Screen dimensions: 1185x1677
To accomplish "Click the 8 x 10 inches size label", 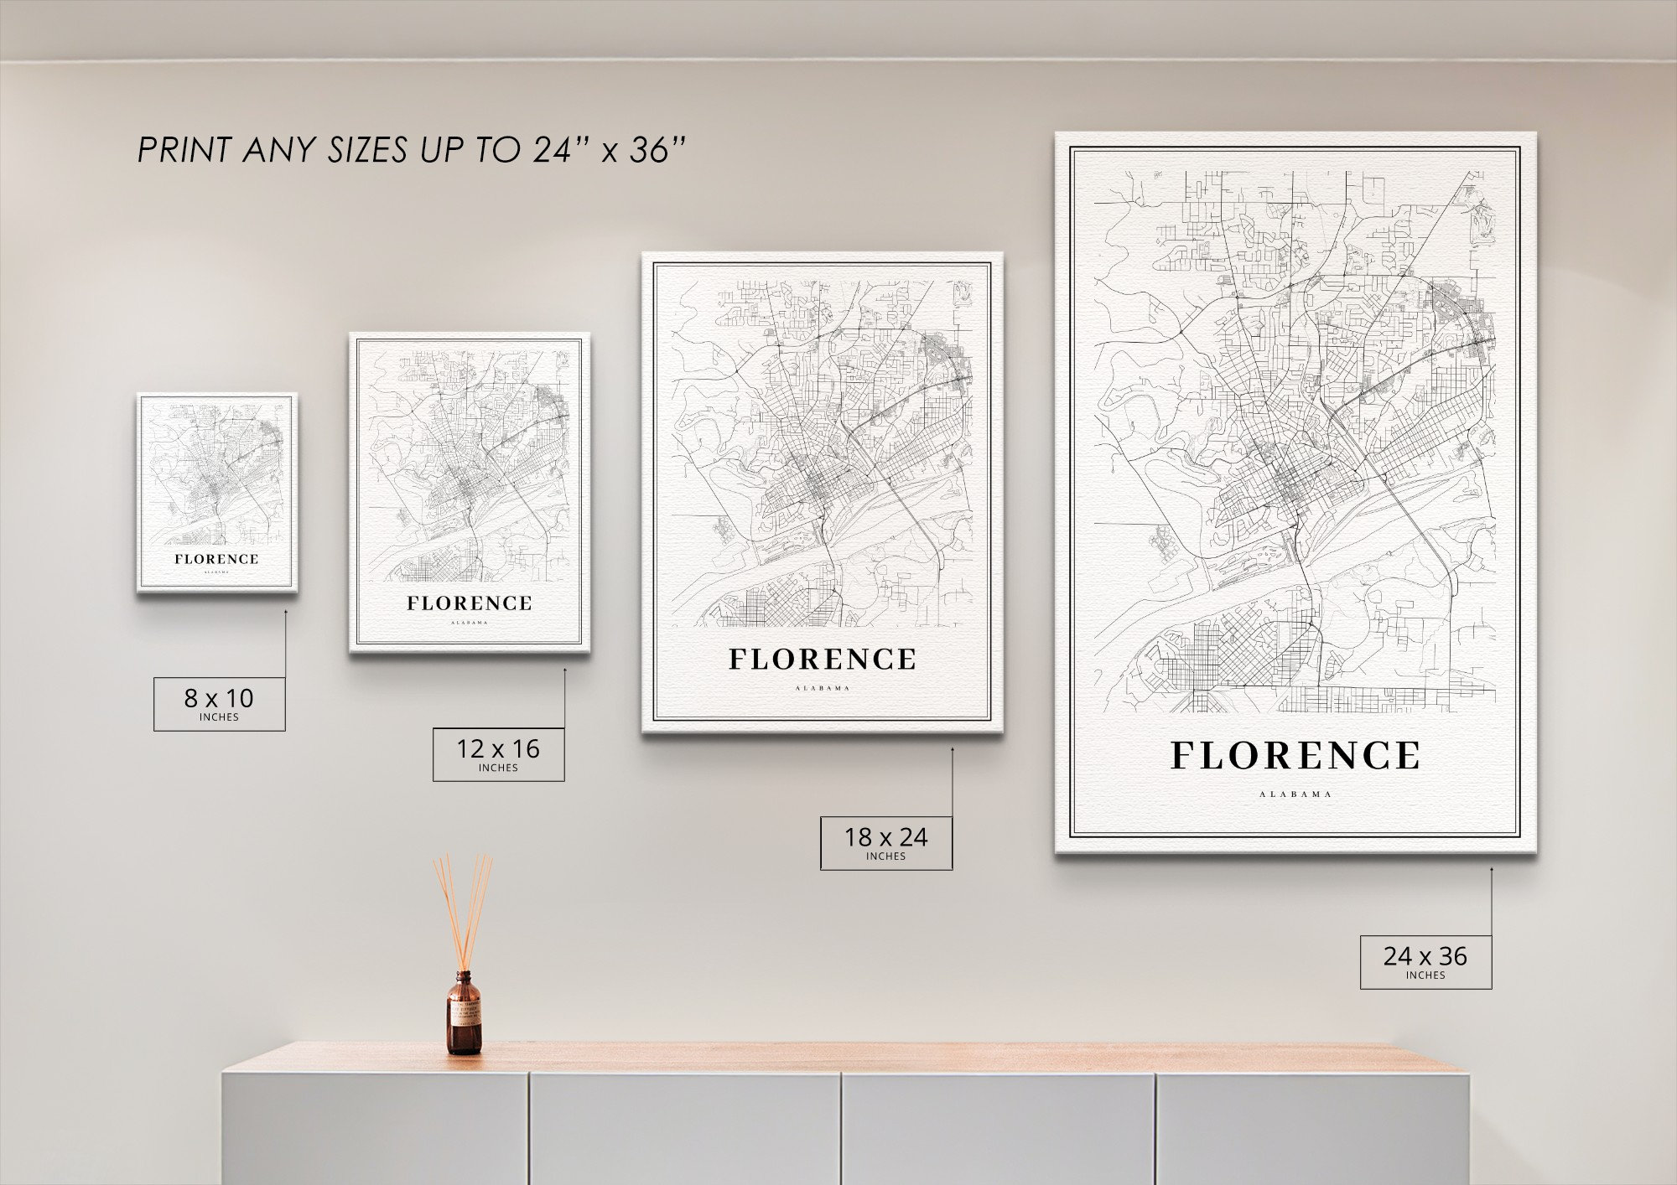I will pos(219,703).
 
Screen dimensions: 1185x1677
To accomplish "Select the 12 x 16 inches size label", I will pos(498,754).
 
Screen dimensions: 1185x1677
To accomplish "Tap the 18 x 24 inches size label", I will pos(885,842).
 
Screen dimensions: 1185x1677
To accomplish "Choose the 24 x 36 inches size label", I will pos(1425,961).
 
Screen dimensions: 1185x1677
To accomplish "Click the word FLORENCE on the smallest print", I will pos(216,559).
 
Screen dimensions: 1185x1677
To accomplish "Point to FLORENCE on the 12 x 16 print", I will pos(470,603).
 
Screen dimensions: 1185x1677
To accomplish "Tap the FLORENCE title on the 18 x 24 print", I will pos(822,660).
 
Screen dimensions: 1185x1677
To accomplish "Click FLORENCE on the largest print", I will pos(1295,755).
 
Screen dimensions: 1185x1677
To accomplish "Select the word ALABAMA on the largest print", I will pos(1295,794).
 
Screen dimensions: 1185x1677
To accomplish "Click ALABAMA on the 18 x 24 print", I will pos(823,688).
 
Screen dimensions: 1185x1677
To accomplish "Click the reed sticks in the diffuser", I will pos(462,909).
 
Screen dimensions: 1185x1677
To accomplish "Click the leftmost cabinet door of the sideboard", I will pos(375,1127).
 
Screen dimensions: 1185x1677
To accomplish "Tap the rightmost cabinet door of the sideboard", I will pos(1312,1127).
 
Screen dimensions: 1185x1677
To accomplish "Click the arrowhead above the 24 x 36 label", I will pos(1492,870).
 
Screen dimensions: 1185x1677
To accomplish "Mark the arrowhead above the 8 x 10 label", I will pos(285,613).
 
